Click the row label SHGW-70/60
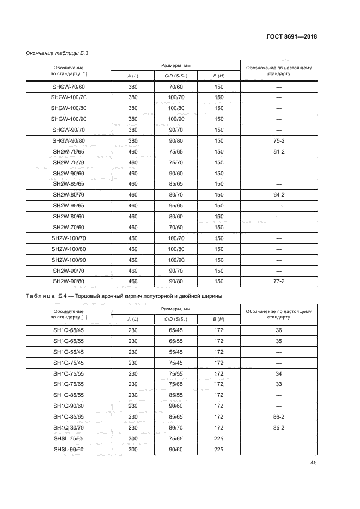point(69,87)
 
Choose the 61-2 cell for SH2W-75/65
point(279,152)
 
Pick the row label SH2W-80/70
point(69,194)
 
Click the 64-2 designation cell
point(279,194)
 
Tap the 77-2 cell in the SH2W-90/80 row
point(279,281)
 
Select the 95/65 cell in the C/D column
point(175,206)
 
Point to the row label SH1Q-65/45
point(69,330)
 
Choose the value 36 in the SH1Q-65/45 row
point(279,330)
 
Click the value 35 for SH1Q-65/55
point(279,341)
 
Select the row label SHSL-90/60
point(69,450)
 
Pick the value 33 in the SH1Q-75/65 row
point(279,385)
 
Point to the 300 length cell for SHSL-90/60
point(133,450)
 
